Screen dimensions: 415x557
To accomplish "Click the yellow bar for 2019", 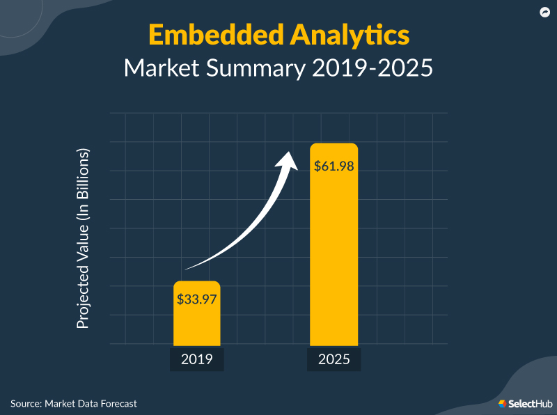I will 196,324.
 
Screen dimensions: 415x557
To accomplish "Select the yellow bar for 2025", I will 334,265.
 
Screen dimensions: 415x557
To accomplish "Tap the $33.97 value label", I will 196,299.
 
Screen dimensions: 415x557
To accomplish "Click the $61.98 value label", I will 334,166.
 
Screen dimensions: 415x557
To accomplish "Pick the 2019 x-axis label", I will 196,360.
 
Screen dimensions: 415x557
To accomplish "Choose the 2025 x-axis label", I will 334,360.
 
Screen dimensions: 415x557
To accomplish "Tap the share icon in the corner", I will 544,12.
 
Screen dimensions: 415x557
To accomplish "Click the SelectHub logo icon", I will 502,403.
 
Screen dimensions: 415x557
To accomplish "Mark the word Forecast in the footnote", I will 116,403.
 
